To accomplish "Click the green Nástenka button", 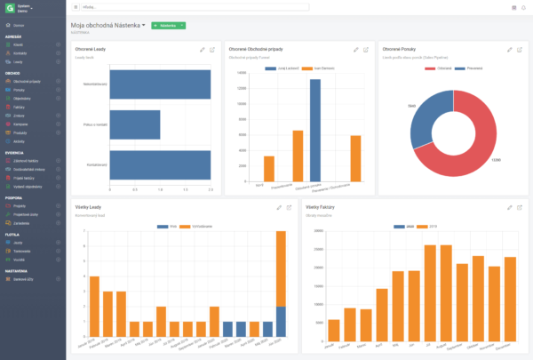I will coord(165,26).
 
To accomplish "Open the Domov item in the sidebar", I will coord(19,25).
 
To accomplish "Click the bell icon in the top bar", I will coord(524,7).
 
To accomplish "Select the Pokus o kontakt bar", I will coord(134,124).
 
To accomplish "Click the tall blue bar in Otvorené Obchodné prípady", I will coord(314,130).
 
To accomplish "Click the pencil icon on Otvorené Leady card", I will coord(202,49).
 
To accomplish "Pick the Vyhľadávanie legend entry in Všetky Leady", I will coord(200,227).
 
